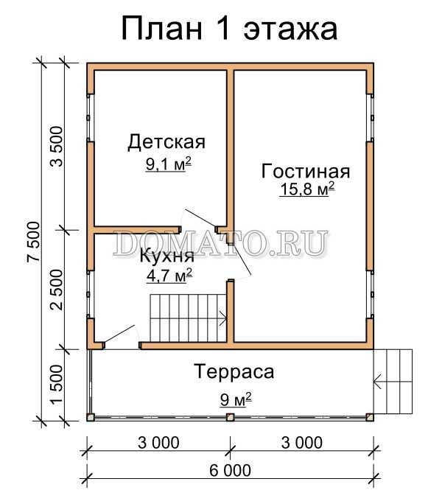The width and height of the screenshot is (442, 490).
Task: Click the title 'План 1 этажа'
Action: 229,29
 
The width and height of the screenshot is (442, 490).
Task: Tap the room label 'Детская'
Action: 166,142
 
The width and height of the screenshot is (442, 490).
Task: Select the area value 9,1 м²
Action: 169,164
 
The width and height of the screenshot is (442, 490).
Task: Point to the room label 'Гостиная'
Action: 306,171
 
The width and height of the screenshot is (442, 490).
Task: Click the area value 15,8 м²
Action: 307,189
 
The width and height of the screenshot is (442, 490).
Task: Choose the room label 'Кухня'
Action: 167,256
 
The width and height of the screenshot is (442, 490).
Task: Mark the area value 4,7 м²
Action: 169,276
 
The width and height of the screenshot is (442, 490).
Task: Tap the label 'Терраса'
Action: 234,372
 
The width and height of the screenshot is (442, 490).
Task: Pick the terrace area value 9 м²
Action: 236,399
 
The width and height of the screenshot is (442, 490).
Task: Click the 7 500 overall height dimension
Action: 34,241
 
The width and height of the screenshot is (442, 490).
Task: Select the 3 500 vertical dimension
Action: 57,146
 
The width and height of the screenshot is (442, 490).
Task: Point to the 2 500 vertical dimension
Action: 57,290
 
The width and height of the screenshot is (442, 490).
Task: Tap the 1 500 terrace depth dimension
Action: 57,385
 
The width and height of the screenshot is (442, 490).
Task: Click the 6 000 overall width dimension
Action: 231,470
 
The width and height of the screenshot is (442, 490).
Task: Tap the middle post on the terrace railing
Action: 231,417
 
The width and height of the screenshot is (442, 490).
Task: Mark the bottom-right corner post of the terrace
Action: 370,417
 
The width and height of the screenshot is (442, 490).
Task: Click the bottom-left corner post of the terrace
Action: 91,417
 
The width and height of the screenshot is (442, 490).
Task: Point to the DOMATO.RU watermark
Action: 220,243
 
